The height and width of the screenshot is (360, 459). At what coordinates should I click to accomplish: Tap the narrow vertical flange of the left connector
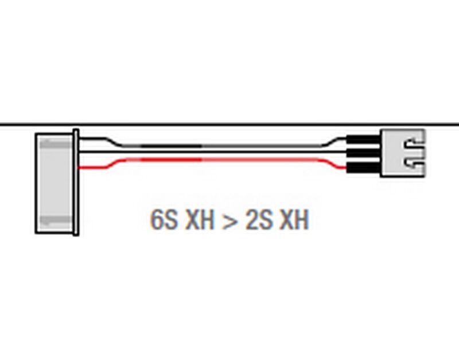click(76, 182)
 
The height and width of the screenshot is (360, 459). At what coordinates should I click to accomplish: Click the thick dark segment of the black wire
click(171, 146)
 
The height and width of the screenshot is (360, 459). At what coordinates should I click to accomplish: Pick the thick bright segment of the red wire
click(171, 160)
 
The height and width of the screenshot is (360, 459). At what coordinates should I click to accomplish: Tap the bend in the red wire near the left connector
click(112, 164)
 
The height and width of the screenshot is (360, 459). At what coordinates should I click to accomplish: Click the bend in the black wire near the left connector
click(112, 141)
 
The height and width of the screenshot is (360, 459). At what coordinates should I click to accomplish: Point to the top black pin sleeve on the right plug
click(364, 140)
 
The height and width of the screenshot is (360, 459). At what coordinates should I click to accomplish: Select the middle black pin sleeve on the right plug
click(364, 153)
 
